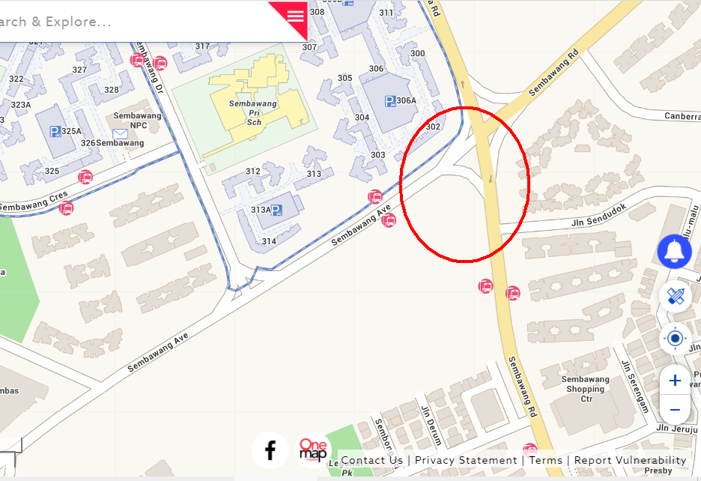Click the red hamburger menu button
tap(295, 15)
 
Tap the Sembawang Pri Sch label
tap(253, 112)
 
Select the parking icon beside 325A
tap(55, 131)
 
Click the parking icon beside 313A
tap(276, 211)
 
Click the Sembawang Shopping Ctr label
tap(586, 389)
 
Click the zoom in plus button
tap(675, 381)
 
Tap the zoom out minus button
tap(675, 410)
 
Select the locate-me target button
tap(675, 339)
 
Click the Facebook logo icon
tap(270, 450)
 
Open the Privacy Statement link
tap(466, 460)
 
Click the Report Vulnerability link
tap(630, 460)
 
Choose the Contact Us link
tap(371, 460)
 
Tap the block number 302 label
tap(432, 127)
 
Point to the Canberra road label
tap(682, 116)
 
